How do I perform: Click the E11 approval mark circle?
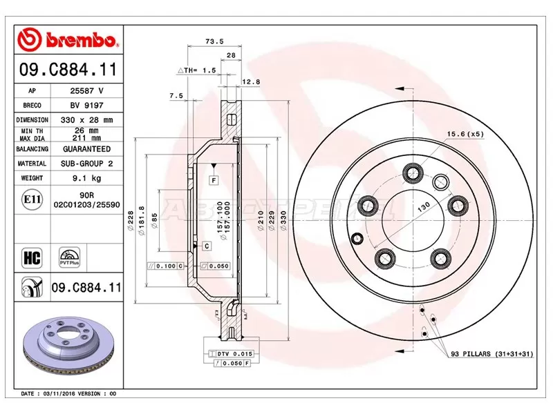(32, 201)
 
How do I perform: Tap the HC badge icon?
(32, 258)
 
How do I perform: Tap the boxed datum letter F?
(214, 180)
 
